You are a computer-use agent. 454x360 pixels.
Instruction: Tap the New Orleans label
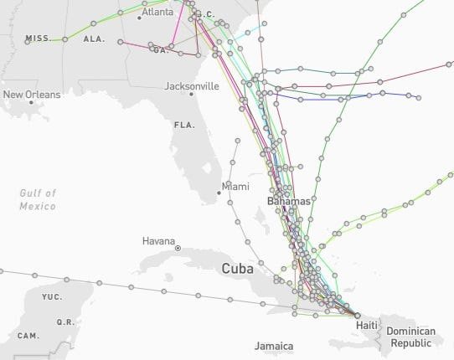click(x=32, y=95)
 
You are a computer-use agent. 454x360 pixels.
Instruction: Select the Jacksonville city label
click(x=192, y=86)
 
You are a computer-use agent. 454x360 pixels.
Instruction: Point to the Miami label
click(x=235, y=186)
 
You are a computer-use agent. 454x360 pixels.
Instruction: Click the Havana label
click(x=158, y=241)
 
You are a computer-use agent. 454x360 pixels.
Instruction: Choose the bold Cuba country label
click(x=239, y=269)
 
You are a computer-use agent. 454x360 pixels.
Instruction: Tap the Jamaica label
click(x=274, y=345)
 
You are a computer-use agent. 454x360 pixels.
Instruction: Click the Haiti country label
click(x=366, y=325)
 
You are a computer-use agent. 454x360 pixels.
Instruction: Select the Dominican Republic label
click(x=410, y=337)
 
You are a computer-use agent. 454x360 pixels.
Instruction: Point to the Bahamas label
click(x=288, y=202)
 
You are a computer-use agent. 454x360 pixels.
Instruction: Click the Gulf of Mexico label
click(x=38, y=199)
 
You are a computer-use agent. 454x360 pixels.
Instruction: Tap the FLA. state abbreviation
click(x=183, y=125)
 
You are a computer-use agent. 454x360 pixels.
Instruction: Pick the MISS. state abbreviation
click(x=39, y=39)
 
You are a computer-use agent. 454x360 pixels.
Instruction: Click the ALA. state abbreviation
click(x=94, y=39)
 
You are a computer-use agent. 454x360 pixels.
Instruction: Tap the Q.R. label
click(x=64, y=321)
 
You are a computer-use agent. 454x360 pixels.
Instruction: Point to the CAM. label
click(x=28, y=336)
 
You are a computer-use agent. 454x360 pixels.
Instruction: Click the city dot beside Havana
click(x=178, y=249)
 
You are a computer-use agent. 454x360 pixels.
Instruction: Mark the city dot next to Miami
click(x=219, y=193)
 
